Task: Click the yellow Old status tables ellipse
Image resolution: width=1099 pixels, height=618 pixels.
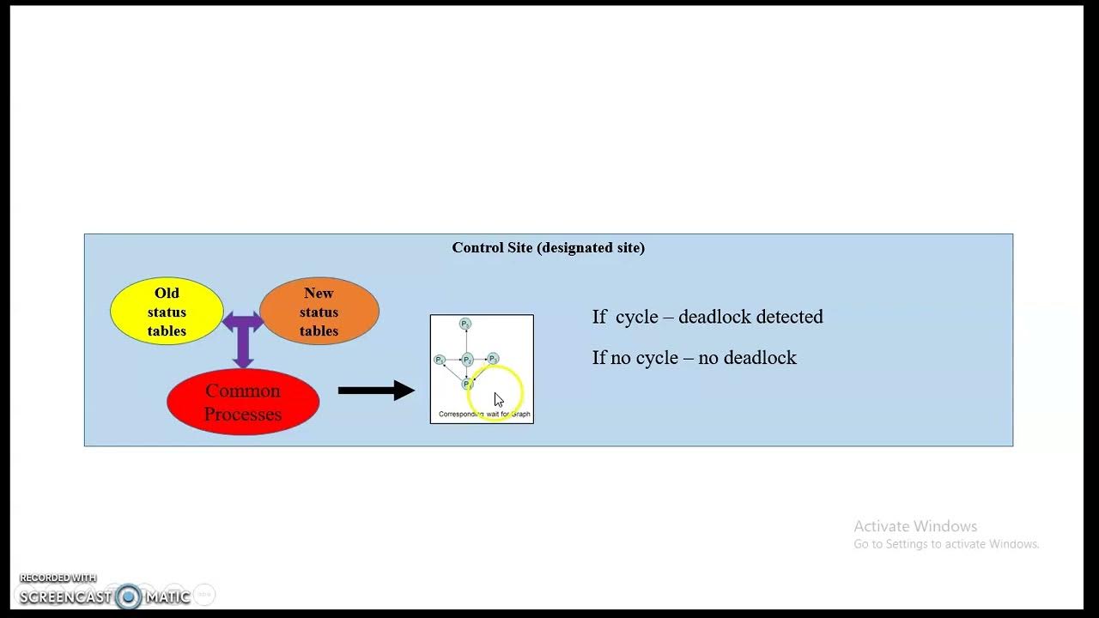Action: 167,312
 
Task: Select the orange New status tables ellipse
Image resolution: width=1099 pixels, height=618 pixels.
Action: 319,312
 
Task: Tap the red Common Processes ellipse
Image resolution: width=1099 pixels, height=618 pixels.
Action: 243,402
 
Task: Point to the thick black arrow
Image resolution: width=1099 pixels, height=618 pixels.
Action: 376,391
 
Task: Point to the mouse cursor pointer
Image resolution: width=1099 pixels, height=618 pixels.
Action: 498,399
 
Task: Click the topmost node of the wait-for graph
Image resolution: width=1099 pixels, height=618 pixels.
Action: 464,324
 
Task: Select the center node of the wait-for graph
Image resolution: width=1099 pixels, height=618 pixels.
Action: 467,360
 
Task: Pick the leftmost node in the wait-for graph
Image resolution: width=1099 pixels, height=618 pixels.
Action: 440,360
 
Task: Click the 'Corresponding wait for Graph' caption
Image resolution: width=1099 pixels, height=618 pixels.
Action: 484,415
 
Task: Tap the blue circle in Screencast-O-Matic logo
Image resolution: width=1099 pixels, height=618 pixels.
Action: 129,597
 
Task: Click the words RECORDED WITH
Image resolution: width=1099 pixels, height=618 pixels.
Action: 58,578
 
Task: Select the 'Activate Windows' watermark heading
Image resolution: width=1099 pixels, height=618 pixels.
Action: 915,526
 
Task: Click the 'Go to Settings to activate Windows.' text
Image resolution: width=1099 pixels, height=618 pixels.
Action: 946,544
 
